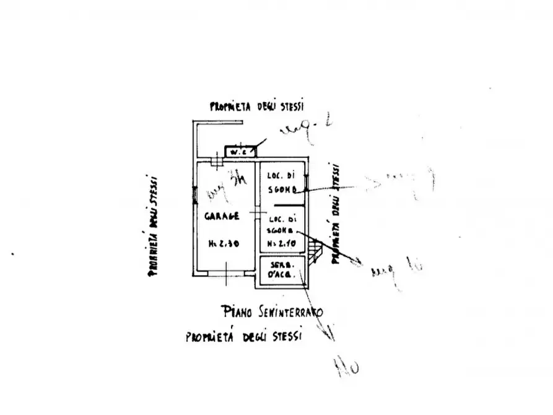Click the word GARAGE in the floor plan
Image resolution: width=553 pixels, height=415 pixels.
pos(223,217)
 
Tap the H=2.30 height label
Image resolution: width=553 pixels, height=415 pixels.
pos(223,243)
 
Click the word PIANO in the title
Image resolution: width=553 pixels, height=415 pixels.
pos(236,311)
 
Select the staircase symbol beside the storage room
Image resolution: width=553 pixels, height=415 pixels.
pos(316,250)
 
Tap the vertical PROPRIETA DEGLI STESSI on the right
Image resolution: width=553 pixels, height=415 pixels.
pos(336,214)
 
